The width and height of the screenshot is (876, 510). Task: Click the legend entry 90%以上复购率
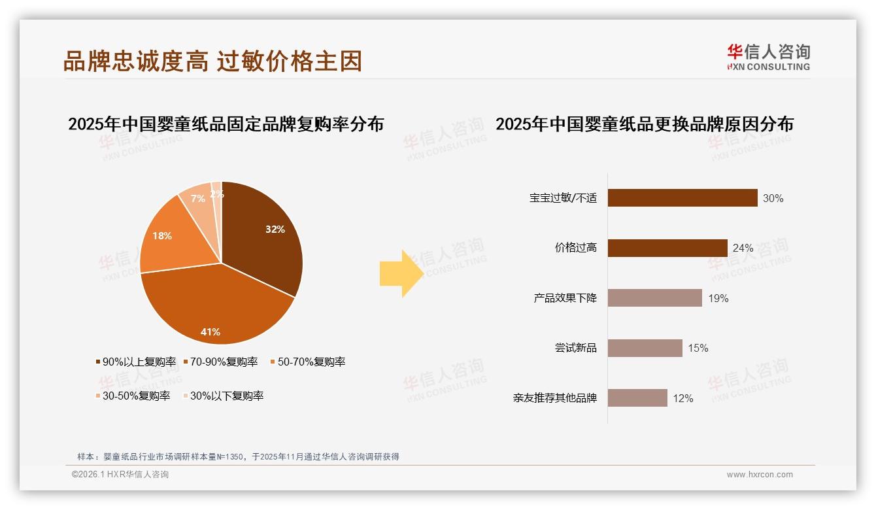136,362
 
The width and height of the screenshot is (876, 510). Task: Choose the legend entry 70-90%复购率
220,362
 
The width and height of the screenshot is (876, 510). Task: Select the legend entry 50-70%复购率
308,362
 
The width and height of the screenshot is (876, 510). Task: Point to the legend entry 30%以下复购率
223,396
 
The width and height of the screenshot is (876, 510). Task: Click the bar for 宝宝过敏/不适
682,198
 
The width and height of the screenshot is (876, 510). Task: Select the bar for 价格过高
667,248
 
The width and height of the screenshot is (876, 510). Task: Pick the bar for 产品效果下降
654,298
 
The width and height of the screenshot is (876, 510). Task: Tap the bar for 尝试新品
645,348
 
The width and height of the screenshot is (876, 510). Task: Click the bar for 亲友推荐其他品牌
637,398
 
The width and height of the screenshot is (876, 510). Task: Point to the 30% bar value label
773,198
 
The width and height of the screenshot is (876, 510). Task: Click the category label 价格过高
575,248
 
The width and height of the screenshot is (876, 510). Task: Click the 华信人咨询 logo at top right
768,57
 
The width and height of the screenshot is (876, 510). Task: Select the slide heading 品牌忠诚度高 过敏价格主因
212,61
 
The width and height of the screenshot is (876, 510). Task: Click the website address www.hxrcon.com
760,475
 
